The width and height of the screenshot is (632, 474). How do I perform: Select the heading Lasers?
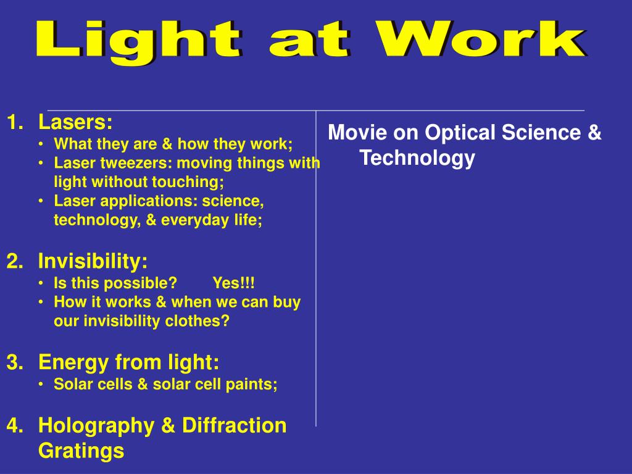pyautogui.click(x=75, y=122)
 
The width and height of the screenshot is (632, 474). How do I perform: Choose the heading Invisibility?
pyautogui.click(x=93, y=262)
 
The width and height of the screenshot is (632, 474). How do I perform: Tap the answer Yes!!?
pyautogui.click(x=233, y=283)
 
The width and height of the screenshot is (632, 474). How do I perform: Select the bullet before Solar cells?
pyautogui.click(x=40, y=385)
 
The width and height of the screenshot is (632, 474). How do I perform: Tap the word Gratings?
pyautogui.click(x=81, y=451)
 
